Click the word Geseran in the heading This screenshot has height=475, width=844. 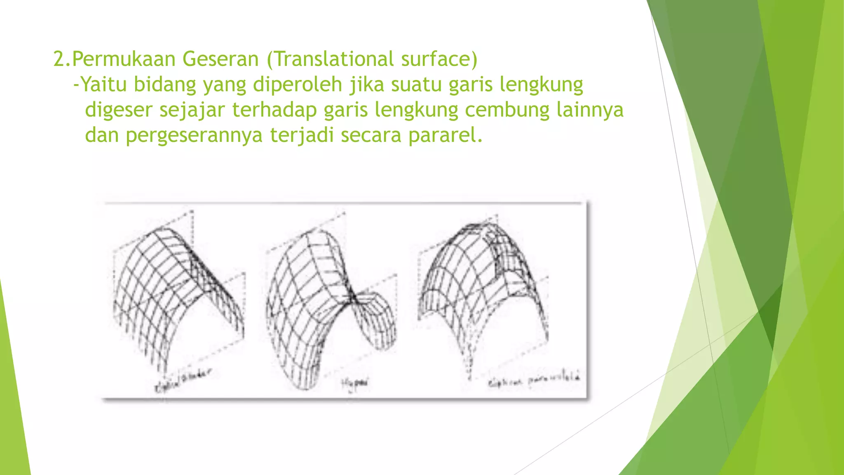(x=220, y=59)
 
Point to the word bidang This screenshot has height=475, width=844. (x=165, y=85)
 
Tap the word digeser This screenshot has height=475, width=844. (x=119, y=110)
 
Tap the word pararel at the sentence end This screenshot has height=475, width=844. (x=445, y=135)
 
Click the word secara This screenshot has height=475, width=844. (x=371, y=135)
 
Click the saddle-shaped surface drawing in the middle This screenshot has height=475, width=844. (x=330, y=305)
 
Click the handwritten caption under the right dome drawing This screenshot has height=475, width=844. (x=534, y=380)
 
